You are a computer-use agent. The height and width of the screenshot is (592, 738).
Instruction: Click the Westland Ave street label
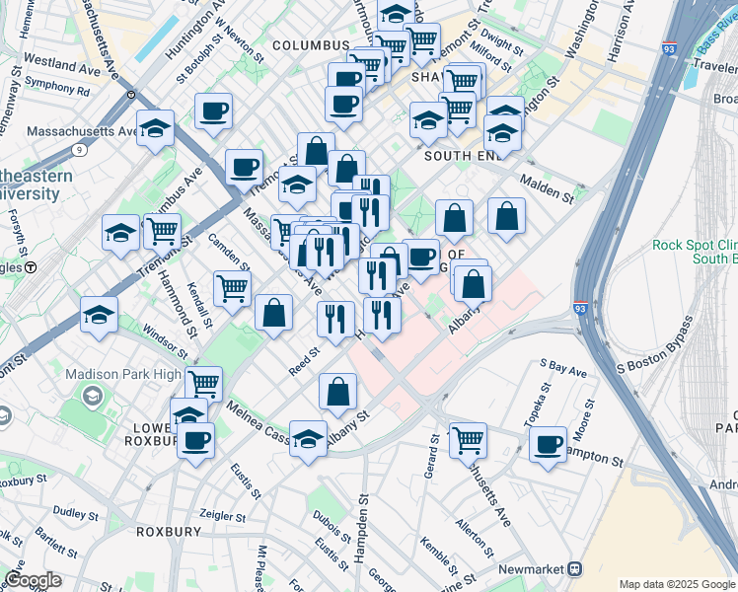(62, 68)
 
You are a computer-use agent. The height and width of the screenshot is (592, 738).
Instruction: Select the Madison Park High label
(123, 374)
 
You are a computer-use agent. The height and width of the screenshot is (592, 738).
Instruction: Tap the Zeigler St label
(221, 516)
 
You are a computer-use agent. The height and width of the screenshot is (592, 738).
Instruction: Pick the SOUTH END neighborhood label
(465, 156)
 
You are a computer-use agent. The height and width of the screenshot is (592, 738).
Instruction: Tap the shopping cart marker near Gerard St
(468, 439)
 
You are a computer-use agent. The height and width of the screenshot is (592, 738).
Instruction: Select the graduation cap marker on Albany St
(308, 439)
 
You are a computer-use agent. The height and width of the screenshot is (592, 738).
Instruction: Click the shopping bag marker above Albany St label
(337, 391)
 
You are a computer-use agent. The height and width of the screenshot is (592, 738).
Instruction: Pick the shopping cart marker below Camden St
(232, 290)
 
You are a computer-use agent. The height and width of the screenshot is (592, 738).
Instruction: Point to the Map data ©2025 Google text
(676, 583)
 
